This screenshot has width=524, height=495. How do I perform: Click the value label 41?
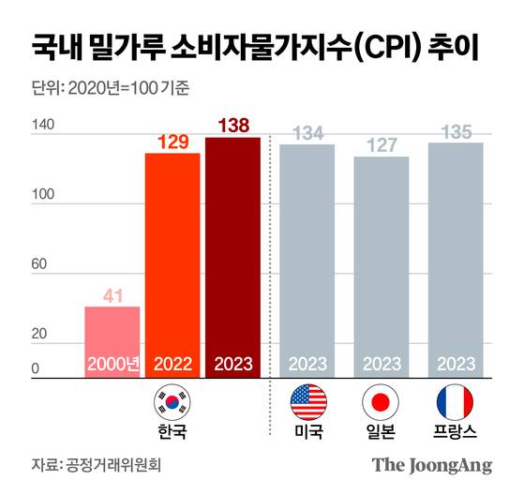(x=113, y=296)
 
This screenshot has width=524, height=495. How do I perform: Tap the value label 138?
(x=233, y=126)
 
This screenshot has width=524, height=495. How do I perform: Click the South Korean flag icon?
(x=172, y=402)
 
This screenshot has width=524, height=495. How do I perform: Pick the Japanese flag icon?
(x=382, y=402)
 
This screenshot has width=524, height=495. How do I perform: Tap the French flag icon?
(x=456, y=402)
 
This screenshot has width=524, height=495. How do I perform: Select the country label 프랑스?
(x=456, y=432)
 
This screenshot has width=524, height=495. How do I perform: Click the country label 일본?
(x=382, y=432)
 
